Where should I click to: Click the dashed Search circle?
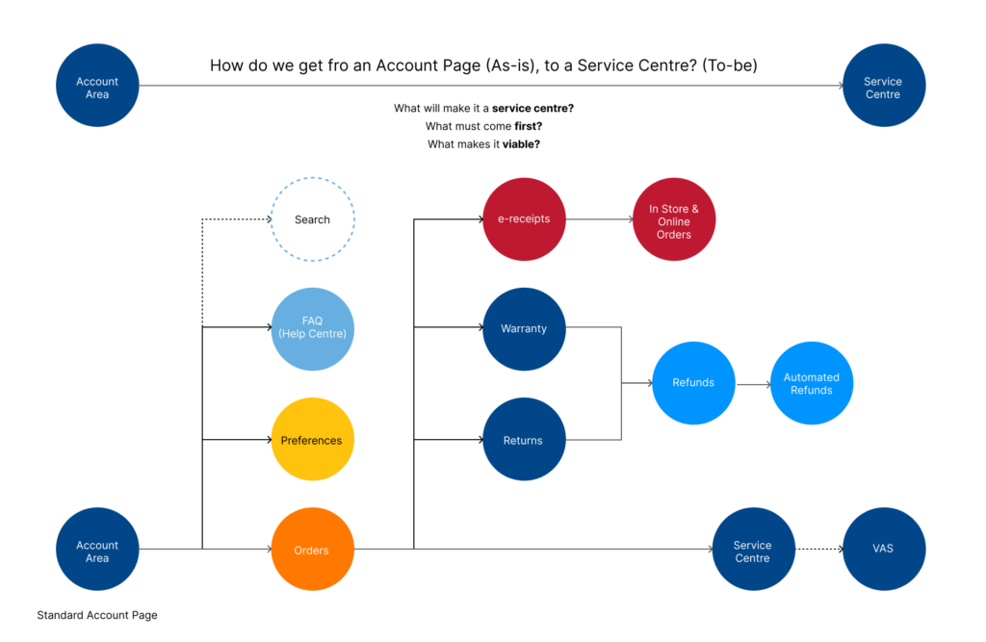coord(312,219)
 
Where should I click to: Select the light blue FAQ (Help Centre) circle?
coord(312,328)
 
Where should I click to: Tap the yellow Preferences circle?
coord(312,440)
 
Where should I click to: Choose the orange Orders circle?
coord(312,550)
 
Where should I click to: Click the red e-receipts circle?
coord(524,218)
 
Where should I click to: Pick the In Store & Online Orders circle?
coord(674,220)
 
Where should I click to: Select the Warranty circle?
coord(524,328)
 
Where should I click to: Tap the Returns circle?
coord(524,440)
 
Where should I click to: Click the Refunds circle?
coord(693,382)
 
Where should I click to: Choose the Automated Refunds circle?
coord(812,383)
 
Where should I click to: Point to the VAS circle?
coord(883,549)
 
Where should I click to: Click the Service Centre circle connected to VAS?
coord(753,551)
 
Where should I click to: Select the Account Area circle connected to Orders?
coord(97,551)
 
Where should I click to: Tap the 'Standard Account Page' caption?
coord(97,615)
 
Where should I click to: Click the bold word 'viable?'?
coord(521,144)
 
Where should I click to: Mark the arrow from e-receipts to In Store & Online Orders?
coord(598,219)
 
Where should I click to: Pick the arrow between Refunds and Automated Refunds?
coord(753,383)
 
